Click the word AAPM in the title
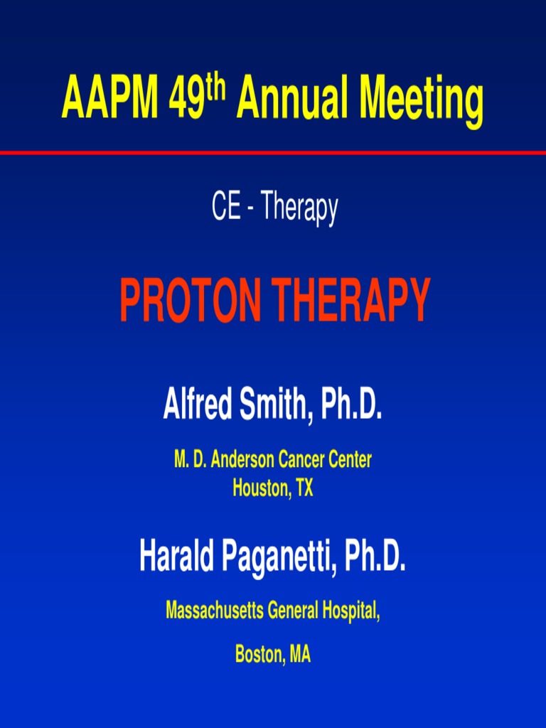(x=110, y=100)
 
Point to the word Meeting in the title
(x=422, y=100)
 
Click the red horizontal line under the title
(x=273, y=153)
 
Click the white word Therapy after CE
(x=299, y=209)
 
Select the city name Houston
(x=259, y=488)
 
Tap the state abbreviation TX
(x=304, y=488)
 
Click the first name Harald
(x=176, y=557)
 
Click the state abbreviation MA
(x=299, y=655)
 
